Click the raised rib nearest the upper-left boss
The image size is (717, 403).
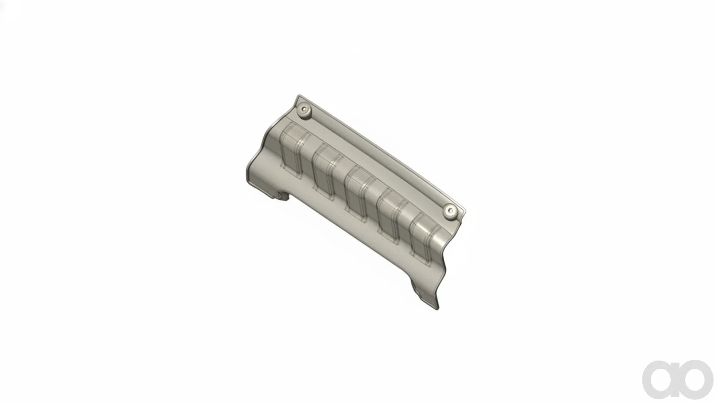[295, 149]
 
